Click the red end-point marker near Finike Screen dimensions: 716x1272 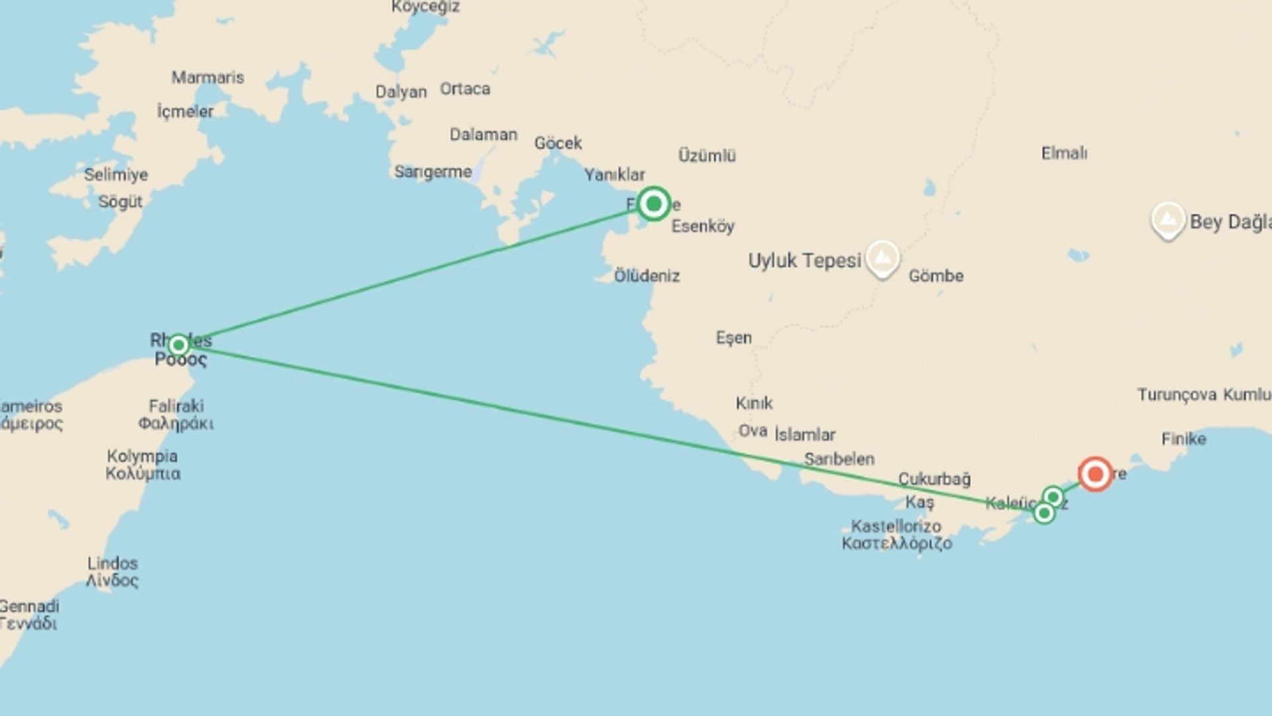[1095, 474]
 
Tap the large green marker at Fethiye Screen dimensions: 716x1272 [653, 204]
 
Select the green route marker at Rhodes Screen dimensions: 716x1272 [178, 345]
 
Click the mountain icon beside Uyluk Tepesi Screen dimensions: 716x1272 [882, 257]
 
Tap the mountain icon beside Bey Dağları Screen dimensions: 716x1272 [1167, 219]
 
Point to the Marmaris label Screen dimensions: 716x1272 [207, 78]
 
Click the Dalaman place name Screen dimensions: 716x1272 [483, 135]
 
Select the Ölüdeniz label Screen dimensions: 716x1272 [647, 276]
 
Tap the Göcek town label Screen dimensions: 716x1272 [558, 143]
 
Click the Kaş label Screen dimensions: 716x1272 [920, 502]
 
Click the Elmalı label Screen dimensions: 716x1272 [1064, 153]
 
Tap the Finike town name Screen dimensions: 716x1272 [1183, 439]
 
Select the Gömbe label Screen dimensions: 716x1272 [935, 276]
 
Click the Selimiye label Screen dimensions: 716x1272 [116, 175]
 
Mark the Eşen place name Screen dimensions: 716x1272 [733, 338]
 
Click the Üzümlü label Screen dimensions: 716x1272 [707, 156]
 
